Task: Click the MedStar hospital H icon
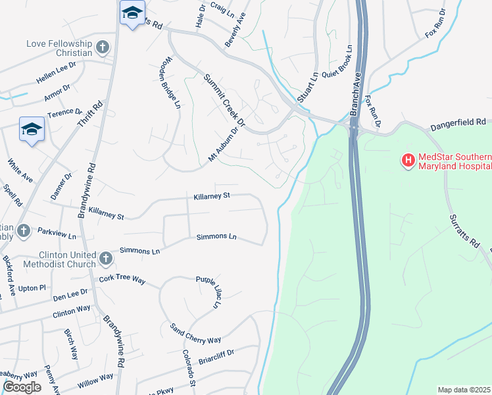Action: (x=408, y=160)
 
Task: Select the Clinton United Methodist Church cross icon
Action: (x=107, y=258)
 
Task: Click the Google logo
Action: (x=22, y=387)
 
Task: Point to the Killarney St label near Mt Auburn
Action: (x=211, y=196)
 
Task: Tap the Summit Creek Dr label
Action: (x=223, y=100)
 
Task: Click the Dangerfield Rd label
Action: (x=458, y=123)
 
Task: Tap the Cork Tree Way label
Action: (x=122, y=279)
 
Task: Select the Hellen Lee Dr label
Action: (x=57, y=76)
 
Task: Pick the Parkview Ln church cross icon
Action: (x=24, y=230)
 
